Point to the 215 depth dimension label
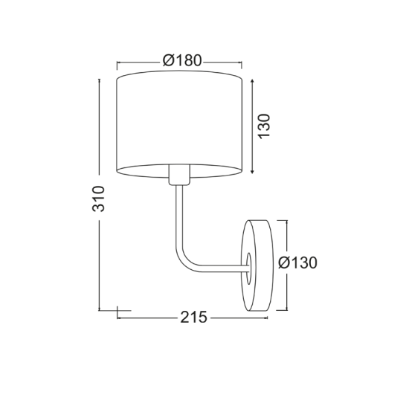[193, 318]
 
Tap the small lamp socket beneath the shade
[178, 175]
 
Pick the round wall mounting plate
[257, 264]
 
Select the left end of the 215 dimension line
[118, 318]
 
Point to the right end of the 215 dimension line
[268, 318]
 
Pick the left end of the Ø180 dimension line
[118, 62]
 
